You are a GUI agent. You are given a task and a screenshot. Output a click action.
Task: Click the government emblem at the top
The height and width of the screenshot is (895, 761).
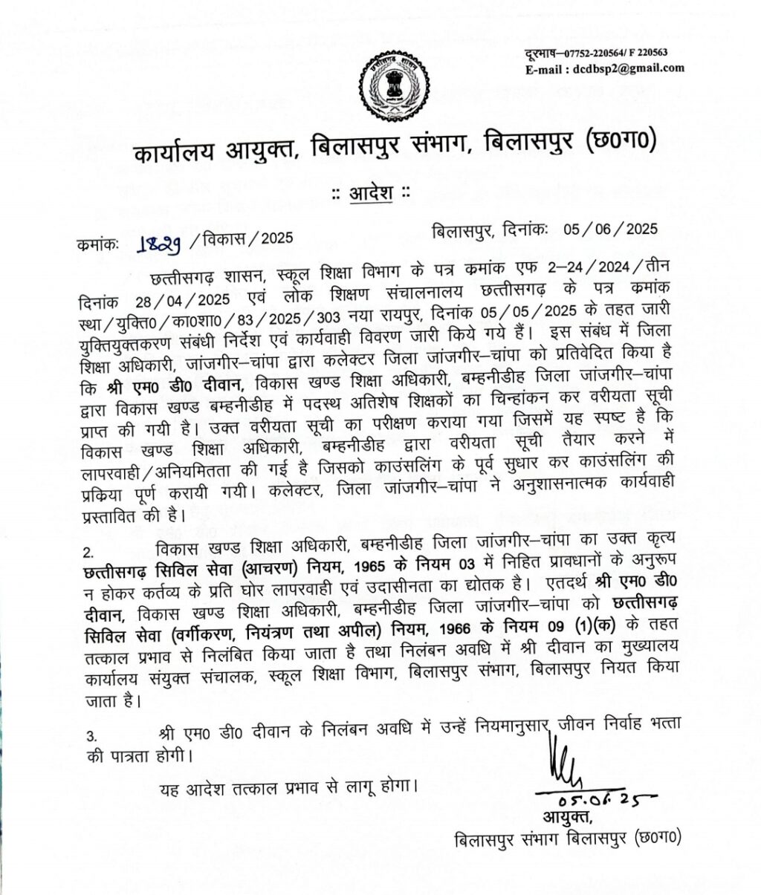[392, 88]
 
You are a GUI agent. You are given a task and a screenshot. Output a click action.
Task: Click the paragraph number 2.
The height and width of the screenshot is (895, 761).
[90, 553]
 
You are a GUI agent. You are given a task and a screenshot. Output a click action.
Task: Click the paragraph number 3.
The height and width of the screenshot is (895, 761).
[91, 736]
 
